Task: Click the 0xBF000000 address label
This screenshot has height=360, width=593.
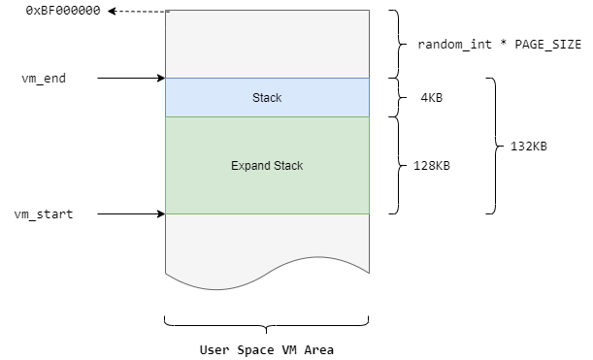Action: click(59, 10)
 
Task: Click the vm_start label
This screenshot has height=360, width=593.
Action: click(44, 213)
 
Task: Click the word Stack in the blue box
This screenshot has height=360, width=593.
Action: click(267, 97)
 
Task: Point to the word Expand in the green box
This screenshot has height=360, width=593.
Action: click(249, 166)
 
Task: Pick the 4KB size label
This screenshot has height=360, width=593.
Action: click(431, 97)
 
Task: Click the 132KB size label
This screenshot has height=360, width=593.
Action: click(528, 147)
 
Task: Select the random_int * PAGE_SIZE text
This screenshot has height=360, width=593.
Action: click(499, 44)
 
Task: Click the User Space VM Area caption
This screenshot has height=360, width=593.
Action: click(266, 349)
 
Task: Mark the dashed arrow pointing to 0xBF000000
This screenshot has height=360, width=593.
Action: click(136, 11)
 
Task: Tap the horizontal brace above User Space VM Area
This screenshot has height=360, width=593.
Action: click(267, 322)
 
